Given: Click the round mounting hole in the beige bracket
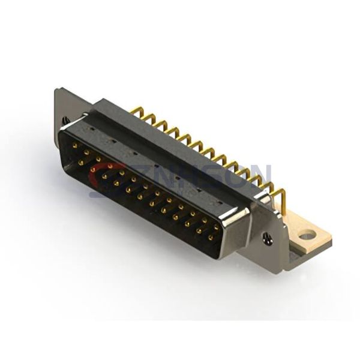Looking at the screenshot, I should pyautogui.click(x=307, y=235).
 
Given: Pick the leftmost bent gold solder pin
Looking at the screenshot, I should pyautogui.click(x=136, y=112).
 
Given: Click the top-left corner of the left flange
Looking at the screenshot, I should pyautogui.click(x=58, y=90).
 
